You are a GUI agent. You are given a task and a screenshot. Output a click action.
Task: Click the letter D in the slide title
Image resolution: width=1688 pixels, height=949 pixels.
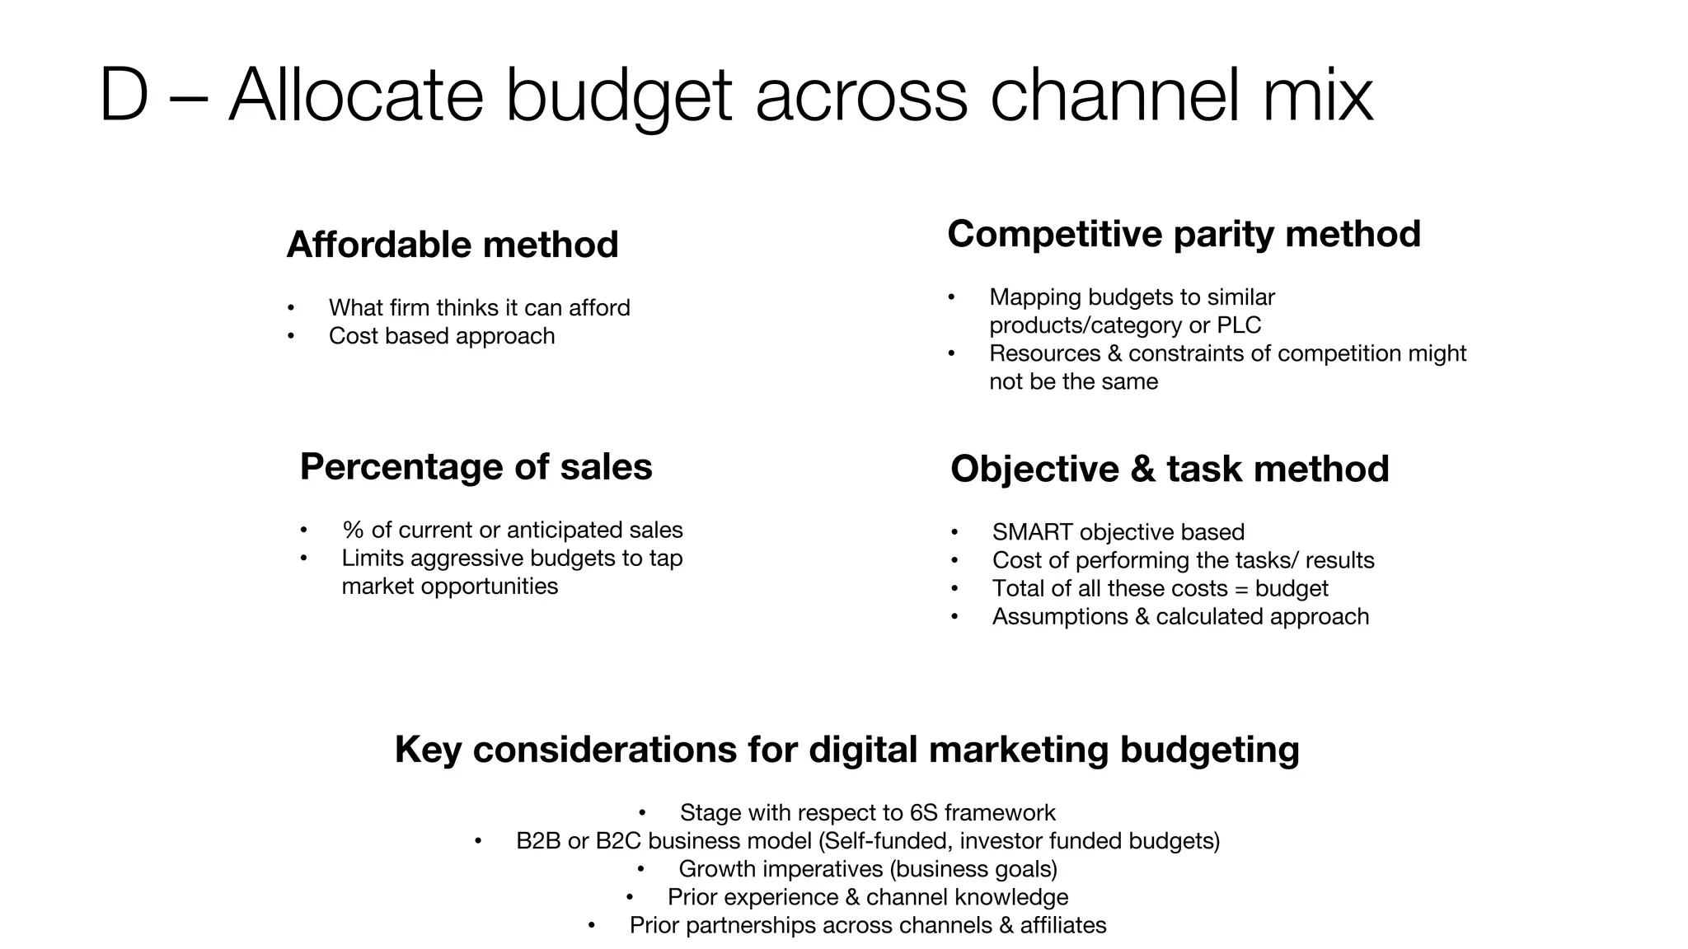[124, 95]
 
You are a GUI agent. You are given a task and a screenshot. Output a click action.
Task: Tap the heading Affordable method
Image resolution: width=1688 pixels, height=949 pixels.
[452, 245]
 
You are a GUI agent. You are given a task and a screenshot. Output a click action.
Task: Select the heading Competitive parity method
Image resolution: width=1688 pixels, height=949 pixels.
[1184, 234]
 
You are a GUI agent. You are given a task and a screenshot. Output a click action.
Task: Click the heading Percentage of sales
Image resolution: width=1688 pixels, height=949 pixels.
[476, 467]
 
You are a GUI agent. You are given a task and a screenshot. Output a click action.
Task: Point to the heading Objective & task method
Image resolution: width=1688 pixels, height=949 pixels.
[1169, 470]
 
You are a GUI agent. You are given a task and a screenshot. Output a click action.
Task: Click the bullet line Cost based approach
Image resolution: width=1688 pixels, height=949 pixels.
[441, 336]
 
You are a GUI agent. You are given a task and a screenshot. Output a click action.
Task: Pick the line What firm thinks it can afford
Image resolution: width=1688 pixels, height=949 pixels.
[479, 308]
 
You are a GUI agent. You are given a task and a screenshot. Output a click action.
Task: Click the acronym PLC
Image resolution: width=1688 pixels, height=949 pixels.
[1239, 325]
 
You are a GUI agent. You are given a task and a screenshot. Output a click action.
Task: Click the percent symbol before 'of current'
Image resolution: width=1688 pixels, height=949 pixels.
[353, 530]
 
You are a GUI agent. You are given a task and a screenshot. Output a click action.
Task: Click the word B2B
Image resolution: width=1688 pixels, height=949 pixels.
[538, 841]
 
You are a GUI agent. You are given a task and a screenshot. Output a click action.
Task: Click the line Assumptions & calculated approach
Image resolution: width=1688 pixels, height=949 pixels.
[1180, 617]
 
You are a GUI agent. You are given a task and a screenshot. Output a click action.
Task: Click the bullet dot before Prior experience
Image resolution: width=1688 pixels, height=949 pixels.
[630, 897]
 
